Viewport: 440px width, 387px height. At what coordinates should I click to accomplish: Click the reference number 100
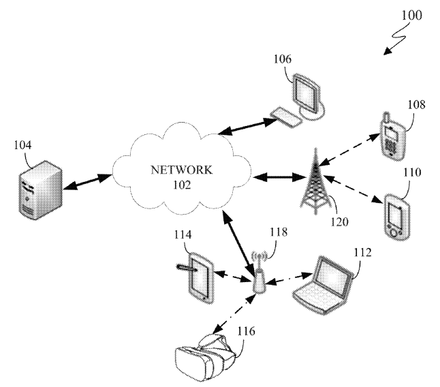[411, 15]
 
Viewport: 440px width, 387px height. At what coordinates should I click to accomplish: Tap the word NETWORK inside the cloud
[182, 170]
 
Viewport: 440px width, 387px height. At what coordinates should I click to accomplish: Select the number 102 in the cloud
[182, 185]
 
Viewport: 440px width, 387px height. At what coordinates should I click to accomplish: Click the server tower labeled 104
[41, 190]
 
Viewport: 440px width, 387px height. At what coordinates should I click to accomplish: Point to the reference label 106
[282, 59]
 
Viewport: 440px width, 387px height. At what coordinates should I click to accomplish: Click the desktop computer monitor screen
[306, 93]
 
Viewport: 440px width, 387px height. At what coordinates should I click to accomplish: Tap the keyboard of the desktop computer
[286, 117]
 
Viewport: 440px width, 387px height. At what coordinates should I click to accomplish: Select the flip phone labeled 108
[393, 136]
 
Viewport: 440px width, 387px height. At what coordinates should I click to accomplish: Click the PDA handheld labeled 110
[397, 216]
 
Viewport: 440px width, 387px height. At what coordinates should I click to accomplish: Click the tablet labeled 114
[201, 278]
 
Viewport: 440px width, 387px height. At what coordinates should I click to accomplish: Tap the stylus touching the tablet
[187, 268]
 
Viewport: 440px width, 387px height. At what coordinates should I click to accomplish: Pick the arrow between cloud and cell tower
[279, 177]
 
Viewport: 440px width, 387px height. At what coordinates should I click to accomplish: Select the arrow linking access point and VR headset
[234, 314]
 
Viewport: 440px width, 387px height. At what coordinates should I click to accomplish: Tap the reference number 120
[339, 221]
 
